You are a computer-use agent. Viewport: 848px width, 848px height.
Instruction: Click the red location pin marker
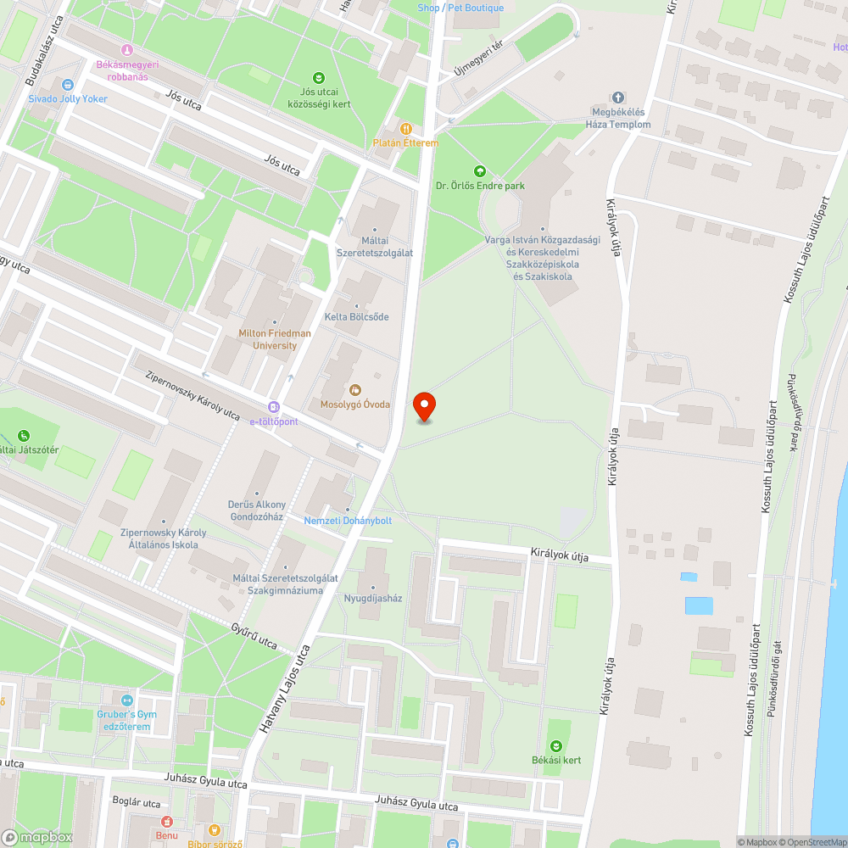click(424, 406)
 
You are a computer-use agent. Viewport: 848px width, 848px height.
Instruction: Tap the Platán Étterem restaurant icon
click(406, 128)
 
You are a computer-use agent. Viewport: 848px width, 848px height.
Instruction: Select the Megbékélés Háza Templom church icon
click(618, 98)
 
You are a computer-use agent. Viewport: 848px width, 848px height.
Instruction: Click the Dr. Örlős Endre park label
click(480, 185)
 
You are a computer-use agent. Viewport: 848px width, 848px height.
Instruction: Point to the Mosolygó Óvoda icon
click(355, 390)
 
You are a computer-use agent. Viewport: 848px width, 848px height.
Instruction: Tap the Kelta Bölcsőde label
click(356, 317)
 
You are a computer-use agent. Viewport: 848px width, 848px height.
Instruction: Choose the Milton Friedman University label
click(275, 339)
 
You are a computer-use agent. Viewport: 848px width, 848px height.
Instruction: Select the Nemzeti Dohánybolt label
click(348, 520)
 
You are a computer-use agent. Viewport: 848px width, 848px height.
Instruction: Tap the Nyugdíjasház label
click(372, 598)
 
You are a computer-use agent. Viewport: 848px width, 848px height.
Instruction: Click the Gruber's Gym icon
click(127, 700)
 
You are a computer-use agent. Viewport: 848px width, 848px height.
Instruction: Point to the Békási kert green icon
click(556, 745)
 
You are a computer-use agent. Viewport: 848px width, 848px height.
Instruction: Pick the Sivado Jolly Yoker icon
click(68, 85)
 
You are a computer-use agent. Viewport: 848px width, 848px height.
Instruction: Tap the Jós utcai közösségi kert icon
click(319, 77)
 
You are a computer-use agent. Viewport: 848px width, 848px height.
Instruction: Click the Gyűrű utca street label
click(254, 635)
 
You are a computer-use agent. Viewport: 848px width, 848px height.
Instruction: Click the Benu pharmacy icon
click(166, 821)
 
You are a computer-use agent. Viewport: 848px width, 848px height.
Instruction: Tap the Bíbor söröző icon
click(215, 830)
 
